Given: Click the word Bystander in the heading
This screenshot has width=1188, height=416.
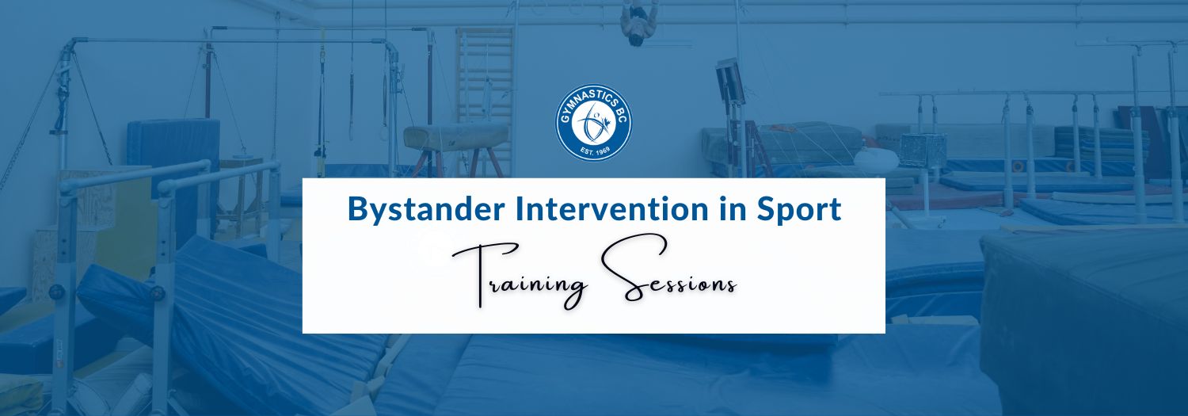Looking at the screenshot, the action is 426,210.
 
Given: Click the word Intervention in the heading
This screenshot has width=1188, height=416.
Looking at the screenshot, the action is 612,208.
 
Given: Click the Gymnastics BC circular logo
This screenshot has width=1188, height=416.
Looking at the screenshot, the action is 593,123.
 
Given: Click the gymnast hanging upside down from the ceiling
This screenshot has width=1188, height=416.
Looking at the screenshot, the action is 638,22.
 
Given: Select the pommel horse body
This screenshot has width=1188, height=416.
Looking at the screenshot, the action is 455,137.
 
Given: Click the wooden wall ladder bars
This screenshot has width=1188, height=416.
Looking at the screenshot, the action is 485,75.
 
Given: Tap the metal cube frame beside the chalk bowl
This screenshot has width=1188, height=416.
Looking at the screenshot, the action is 923,151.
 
